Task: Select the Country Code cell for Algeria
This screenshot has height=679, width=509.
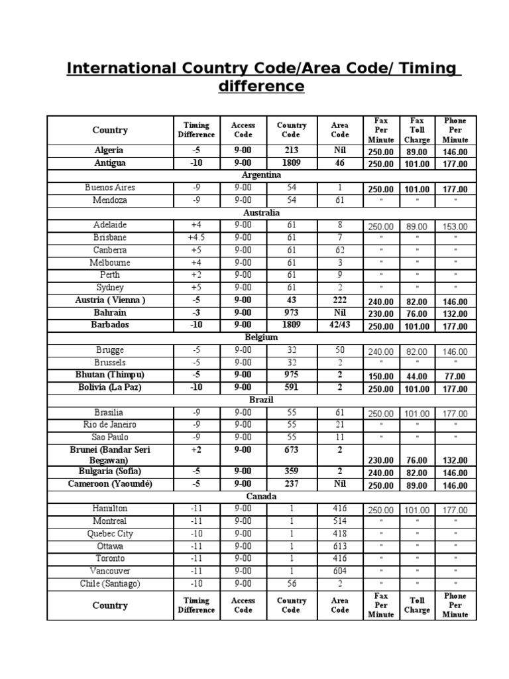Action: point(292,151)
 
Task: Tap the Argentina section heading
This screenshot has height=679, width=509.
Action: point(262,175)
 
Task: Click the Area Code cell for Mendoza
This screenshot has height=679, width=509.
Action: point(339,200)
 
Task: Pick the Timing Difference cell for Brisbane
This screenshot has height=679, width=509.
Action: point(196,237)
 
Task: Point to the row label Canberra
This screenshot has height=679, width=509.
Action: point(110,250)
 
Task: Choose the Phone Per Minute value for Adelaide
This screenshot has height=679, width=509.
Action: point(455,226)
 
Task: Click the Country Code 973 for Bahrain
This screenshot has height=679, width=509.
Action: point(292,312)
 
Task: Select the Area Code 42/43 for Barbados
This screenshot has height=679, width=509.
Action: point(339,325)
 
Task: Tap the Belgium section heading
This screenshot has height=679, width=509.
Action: point(262,338)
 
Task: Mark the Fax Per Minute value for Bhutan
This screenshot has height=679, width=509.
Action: point(381,376)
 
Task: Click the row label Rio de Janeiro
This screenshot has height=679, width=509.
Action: point(110,424)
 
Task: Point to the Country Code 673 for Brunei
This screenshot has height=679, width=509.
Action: point(292,450)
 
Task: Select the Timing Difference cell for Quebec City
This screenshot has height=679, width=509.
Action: point(196,534)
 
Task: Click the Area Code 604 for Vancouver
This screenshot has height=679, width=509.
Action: point(339,571)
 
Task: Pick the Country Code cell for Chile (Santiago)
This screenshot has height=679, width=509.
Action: point(292,584)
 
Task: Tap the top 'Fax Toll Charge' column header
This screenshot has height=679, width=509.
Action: point(417,130)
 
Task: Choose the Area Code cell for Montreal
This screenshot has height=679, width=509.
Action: point(339,521)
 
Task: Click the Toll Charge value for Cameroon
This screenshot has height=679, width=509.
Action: point(417,486)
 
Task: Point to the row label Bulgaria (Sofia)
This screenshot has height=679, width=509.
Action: point(110,471)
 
